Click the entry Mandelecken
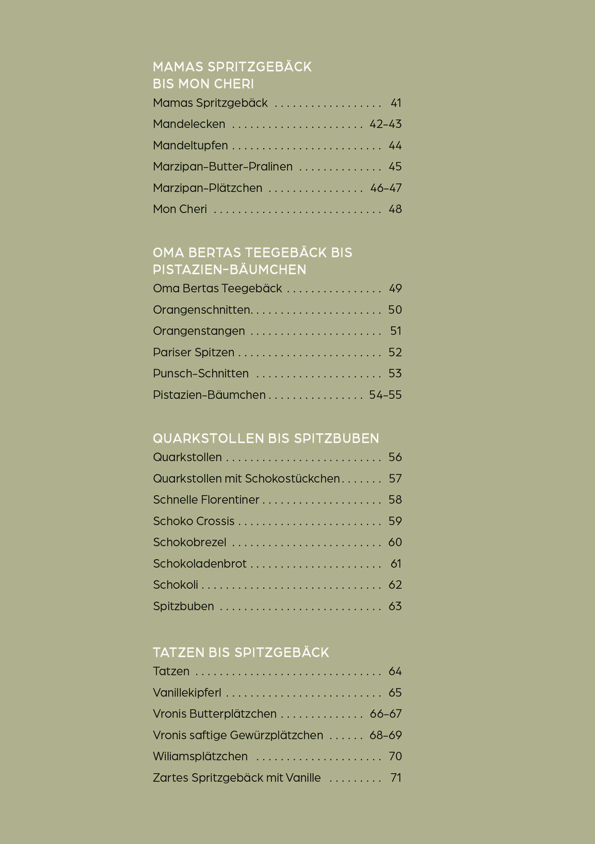point(189,124)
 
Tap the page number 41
point(396,103)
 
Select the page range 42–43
point(385,124)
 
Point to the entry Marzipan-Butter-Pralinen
point(223,167)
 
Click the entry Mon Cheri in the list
point(180,209)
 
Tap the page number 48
point(395,209)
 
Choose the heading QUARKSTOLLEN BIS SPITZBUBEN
point(266,438)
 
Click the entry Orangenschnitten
point(202,310)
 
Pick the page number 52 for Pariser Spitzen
point(395,353)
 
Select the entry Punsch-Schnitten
point(200,373)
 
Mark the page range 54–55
point(385,395)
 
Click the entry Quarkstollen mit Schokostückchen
point(246,479)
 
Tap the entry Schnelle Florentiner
point(206,500)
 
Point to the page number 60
point(395,543)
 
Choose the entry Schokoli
point(175,585)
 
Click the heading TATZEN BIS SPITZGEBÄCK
point(241,652)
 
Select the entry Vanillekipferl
point(187,693)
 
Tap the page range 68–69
point(385,735)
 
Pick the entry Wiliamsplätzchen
point(200,756)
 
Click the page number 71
point(396,778)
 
